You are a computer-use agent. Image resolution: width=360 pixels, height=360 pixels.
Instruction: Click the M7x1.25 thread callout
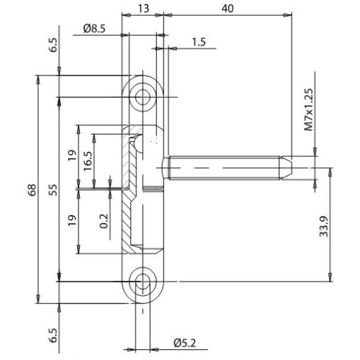click(310, 109)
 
